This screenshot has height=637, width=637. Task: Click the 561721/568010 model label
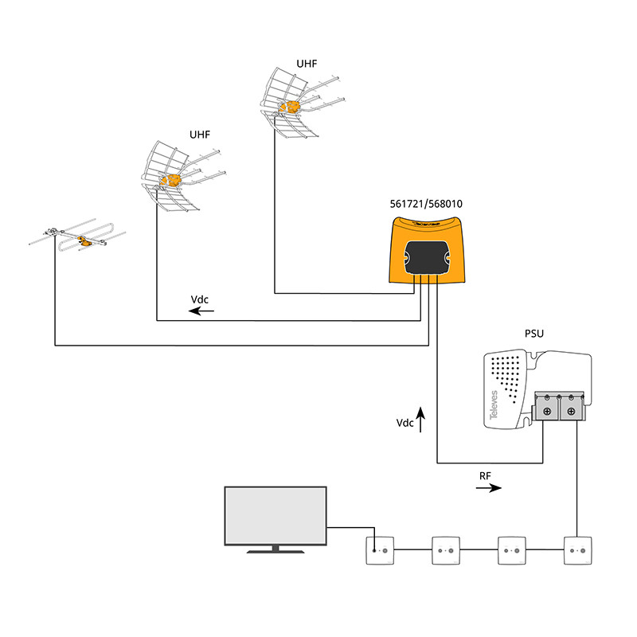(x=426, y=204)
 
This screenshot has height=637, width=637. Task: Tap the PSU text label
(x=533, y=333)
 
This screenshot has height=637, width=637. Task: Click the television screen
(x=276, y=515)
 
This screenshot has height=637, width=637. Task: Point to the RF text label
(x=485, y=475)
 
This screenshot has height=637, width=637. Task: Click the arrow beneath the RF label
(x=488, y=488)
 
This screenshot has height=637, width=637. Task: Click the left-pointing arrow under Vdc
(x=201, y=311)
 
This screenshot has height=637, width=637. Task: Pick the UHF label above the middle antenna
(x=200, y=135)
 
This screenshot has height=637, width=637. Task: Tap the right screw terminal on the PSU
(x=572, y=412)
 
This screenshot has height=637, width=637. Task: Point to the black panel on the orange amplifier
(x=426, y=258)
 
